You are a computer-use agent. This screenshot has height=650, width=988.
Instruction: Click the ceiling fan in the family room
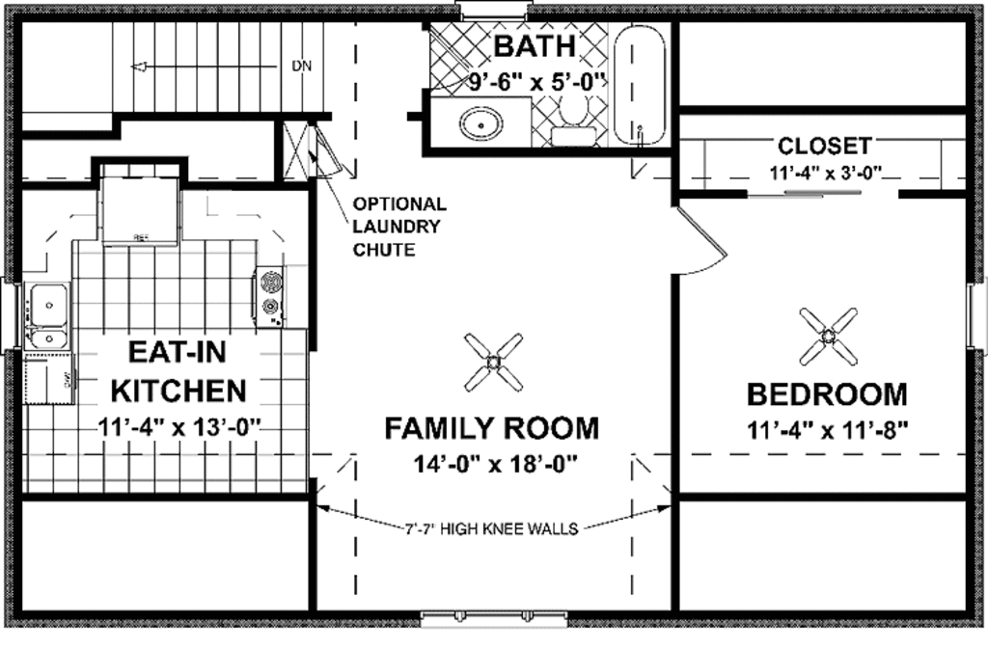point(493,362)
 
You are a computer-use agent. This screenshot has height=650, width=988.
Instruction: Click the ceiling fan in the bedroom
point(829,336)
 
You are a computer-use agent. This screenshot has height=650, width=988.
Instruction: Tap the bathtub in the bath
point(640,85)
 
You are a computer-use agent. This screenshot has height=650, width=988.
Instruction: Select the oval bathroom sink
point(480,124)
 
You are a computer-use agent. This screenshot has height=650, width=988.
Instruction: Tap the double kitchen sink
point(46,316)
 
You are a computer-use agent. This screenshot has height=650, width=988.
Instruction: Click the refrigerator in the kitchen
point(141,207)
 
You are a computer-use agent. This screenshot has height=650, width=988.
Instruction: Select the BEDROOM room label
point(827,394)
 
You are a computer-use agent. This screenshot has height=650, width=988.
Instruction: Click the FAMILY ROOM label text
point(492,427)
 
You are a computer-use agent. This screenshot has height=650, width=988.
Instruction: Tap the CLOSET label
point(824,147)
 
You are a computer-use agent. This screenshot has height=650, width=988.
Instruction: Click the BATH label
point(535,46)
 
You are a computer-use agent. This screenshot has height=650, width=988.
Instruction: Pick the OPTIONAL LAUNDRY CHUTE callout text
point(399,227)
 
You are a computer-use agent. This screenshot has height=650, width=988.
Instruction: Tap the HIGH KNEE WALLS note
point(492,528)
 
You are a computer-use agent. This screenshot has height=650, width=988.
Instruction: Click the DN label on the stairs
point(301,67)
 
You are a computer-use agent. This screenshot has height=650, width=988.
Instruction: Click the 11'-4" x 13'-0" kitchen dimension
point(179,425)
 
